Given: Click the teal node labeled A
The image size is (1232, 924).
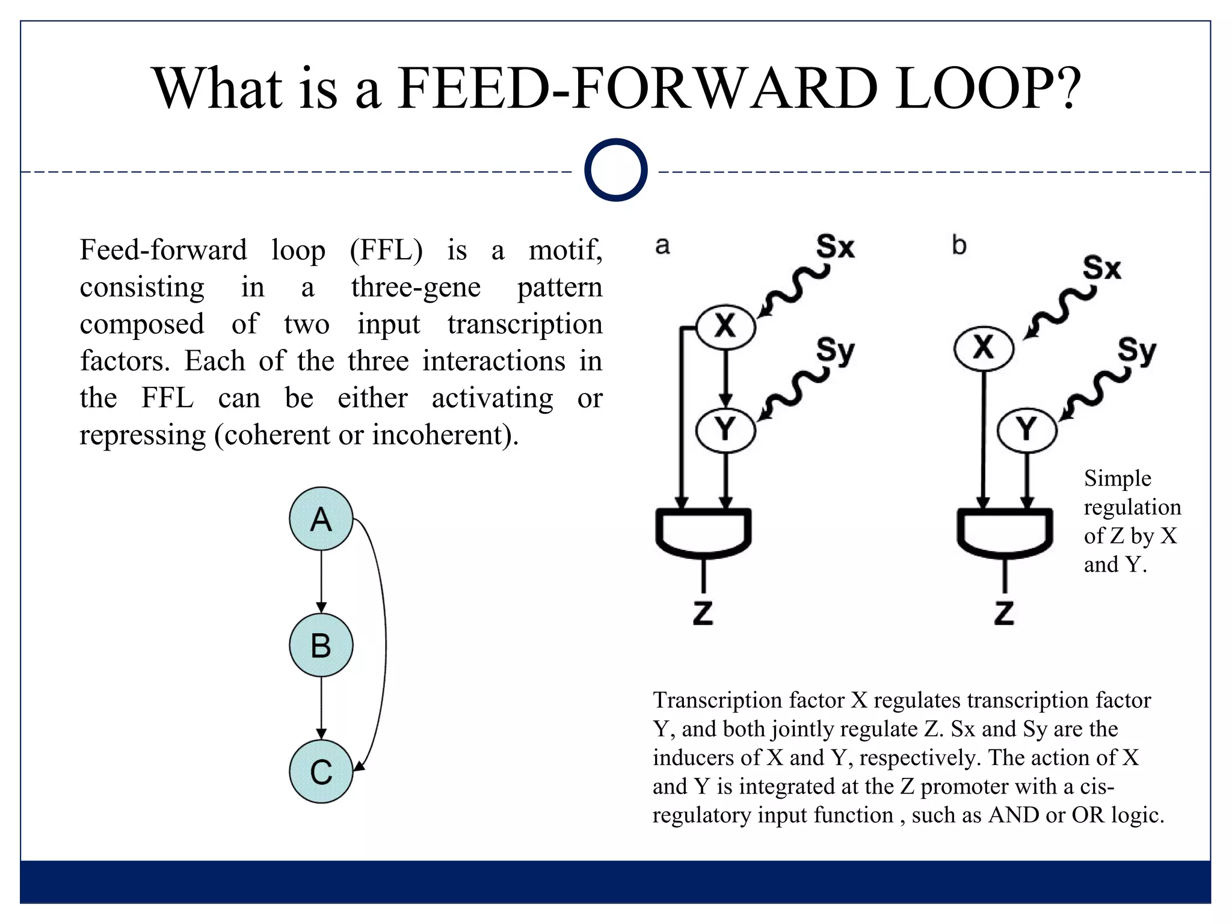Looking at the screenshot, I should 321,519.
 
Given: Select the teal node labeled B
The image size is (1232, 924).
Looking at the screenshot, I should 321,645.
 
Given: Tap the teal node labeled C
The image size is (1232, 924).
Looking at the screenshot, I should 321,771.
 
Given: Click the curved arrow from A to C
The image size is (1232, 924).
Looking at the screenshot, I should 384,644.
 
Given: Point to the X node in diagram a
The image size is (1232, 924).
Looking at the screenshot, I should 725,327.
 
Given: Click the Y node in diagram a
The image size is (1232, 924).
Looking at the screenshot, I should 725,430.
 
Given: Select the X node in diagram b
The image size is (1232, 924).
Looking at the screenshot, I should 984,348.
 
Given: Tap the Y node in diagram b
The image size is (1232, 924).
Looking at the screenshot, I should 1026,430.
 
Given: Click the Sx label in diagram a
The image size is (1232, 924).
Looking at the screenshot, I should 835,247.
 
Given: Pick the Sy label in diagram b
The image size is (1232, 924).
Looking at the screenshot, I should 1137,350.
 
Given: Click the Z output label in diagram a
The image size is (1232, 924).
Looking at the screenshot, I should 703,613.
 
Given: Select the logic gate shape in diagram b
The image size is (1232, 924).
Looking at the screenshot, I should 1004,533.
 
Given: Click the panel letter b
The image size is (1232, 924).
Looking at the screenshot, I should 959,245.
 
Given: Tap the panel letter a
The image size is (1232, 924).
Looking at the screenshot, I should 662,245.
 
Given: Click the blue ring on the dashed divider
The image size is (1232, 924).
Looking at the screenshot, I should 615,170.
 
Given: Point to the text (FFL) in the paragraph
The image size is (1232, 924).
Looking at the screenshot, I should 386,250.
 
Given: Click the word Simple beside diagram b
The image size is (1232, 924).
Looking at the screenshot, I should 1117,478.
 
